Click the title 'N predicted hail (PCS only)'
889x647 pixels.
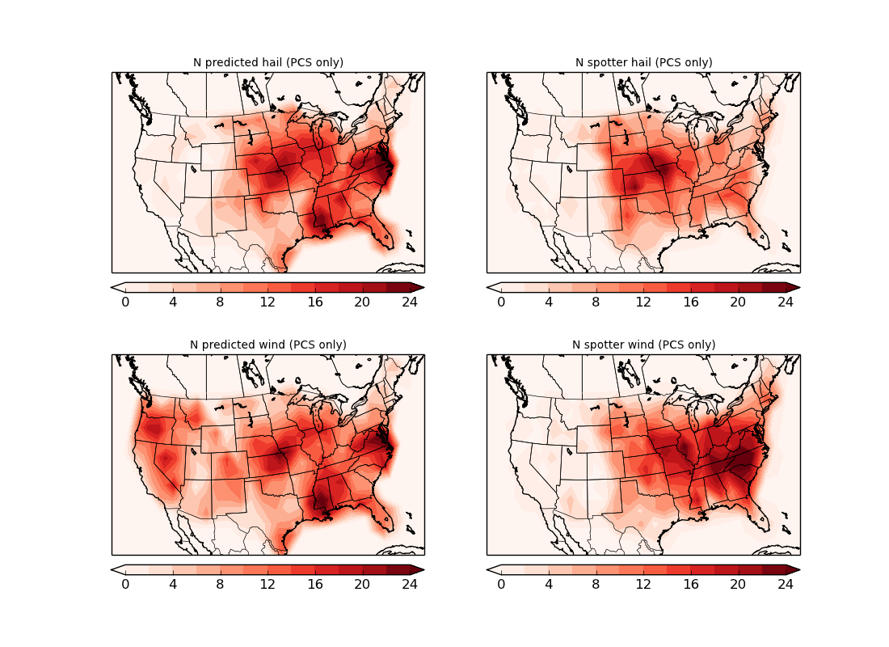tap(268, 62)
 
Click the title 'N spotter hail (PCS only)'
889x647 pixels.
tap(643, 62)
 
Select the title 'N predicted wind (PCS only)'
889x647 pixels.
tap(268, 345)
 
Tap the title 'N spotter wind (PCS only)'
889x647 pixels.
tap(643, 345)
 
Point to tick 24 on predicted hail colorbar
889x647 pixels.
tap(410, 302)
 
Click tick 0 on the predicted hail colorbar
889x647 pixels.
tap(125, 302)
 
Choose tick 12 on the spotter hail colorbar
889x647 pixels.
tap(643, 302)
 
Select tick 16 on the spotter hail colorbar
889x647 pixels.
tap(691, 302)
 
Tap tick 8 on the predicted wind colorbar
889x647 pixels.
tap(220, 584)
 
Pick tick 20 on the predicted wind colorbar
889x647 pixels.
tap(362, 584)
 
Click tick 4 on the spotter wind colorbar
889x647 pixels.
tap(549, 584)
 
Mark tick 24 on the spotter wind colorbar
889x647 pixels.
tap(786, 584)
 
